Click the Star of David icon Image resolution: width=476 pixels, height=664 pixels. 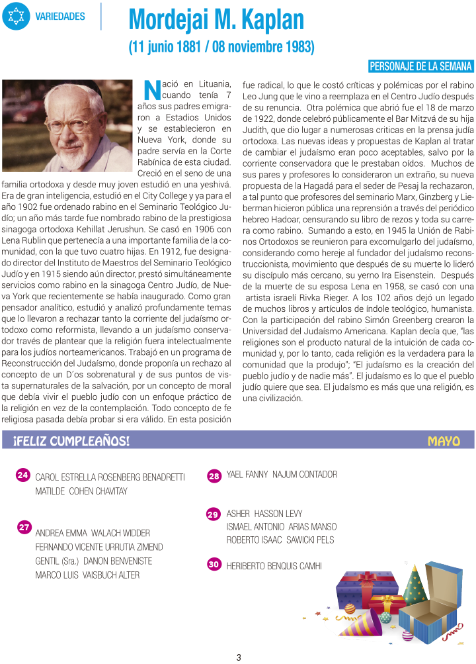16,16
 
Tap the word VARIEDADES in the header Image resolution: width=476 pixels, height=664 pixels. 60,16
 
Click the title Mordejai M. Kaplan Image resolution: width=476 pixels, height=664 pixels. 216,21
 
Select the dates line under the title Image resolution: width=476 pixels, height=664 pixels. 221,48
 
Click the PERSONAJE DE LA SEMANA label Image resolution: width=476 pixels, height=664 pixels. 420,66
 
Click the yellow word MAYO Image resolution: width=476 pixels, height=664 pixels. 444,441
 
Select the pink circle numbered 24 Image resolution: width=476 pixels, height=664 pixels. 22,475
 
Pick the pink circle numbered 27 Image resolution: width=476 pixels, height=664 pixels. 24,528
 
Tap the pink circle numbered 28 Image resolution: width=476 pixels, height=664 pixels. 214,476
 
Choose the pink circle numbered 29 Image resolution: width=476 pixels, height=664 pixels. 213,514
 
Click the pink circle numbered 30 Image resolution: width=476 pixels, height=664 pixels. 214,565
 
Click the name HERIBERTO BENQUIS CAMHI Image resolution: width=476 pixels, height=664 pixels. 274,566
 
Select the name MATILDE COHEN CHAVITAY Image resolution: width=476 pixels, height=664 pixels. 81,491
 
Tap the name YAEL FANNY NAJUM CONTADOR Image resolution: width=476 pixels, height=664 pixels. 282,475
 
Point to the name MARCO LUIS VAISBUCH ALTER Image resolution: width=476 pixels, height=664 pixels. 87,575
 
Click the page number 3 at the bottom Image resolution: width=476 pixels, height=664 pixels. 239,657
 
